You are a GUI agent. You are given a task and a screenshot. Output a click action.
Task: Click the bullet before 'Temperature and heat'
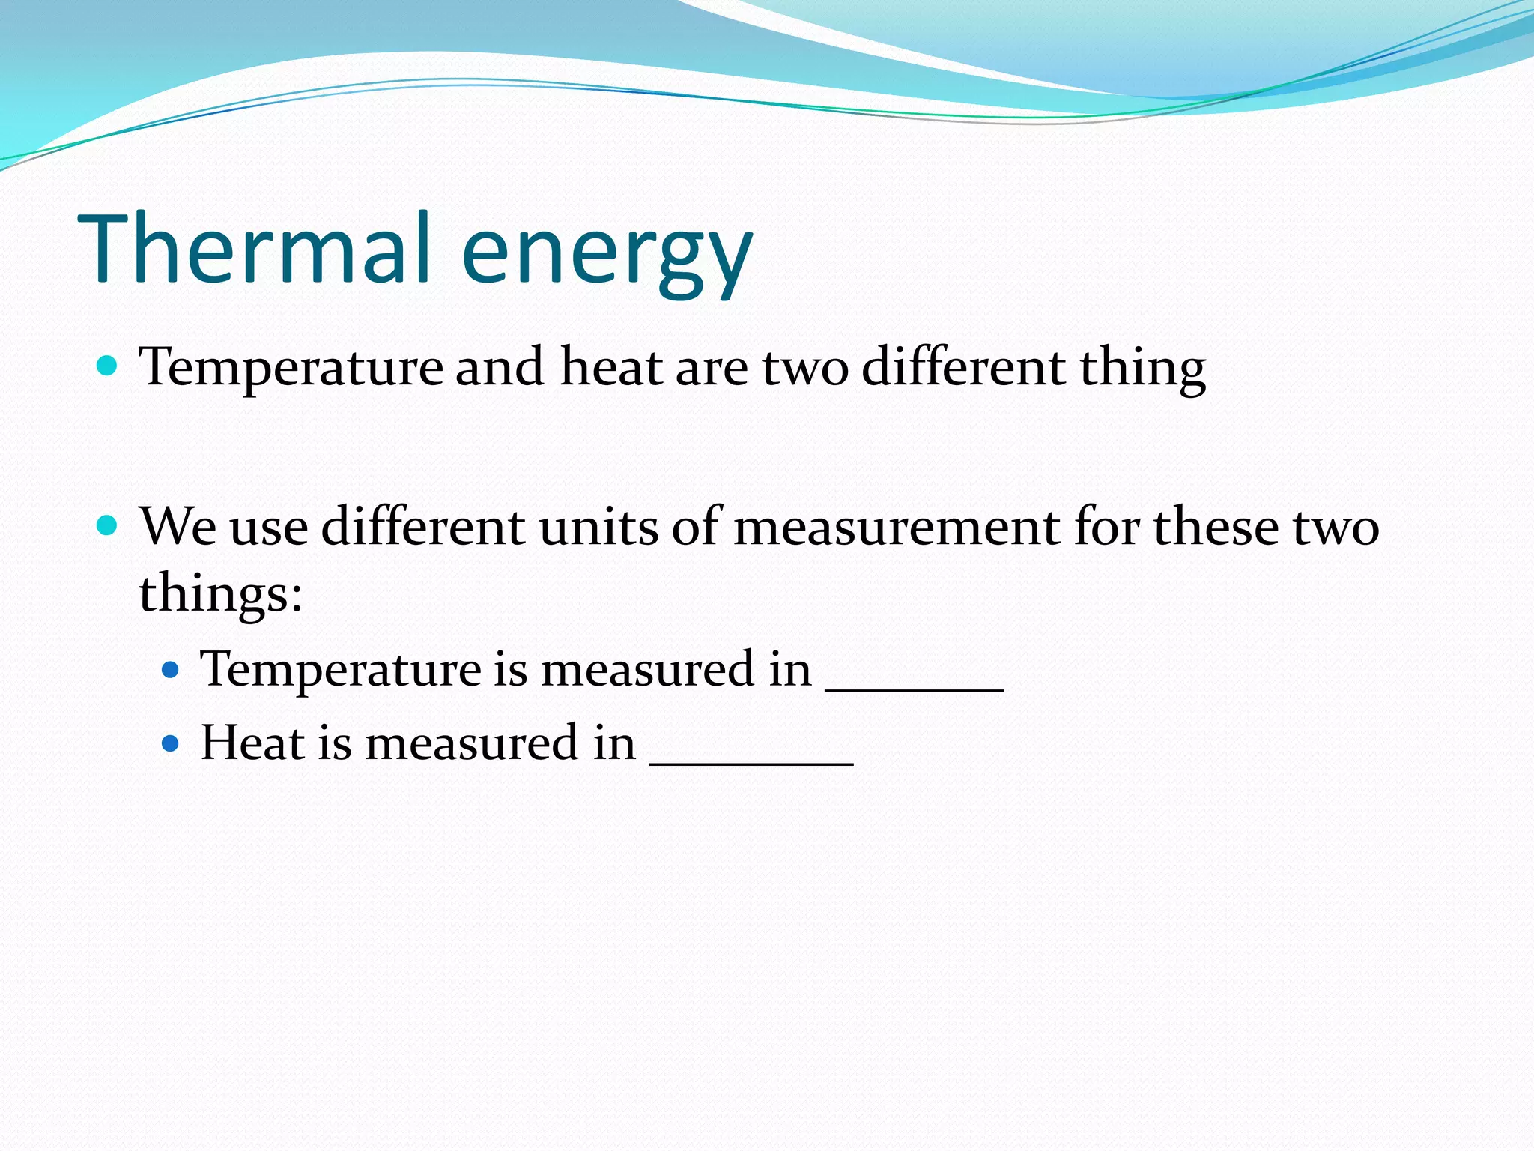click(x=108, y=366)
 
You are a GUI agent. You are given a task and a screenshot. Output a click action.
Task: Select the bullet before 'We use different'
click(x=108, y=525)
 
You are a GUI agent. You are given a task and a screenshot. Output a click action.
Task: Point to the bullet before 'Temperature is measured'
click(x=171, y=669)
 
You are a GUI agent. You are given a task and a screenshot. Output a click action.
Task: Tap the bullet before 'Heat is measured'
click(x=171, y=743)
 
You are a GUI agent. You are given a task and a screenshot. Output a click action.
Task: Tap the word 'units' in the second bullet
click(x=598, y=526)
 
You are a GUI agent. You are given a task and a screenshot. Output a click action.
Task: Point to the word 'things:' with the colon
click(x=221, y=594)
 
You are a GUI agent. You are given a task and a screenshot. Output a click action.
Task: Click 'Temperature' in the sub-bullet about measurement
click(x=341, y=669)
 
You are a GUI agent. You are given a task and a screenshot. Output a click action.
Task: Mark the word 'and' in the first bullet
click(x=500, y=367)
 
